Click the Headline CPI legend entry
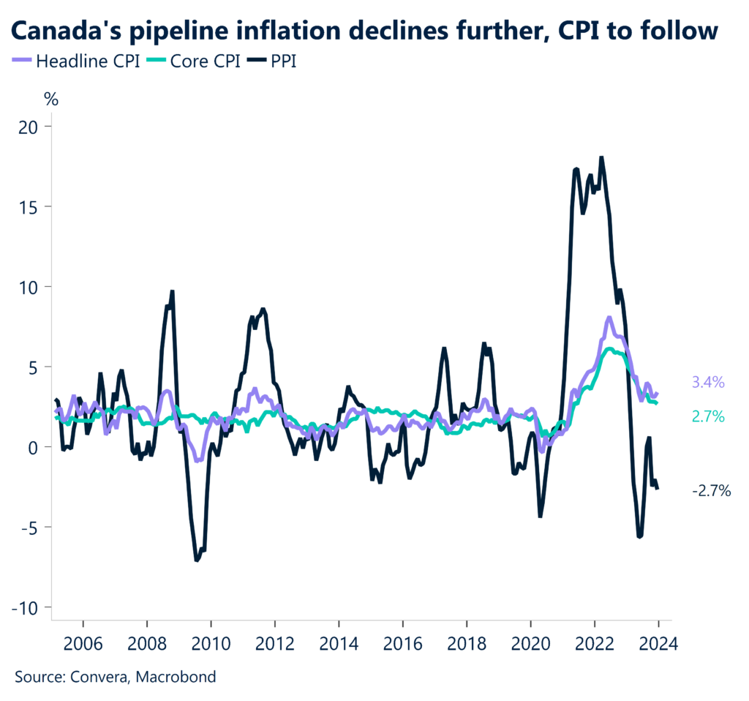(x=80, y=61)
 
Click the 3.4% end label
(x=707, y=382)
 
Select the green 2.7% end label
(x=707, y=416)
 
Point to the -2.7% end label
(x=711, y=491)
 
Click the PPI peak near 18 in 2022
(x=601, y=157)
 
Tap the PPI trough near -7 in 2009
(x=197, y=560)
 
